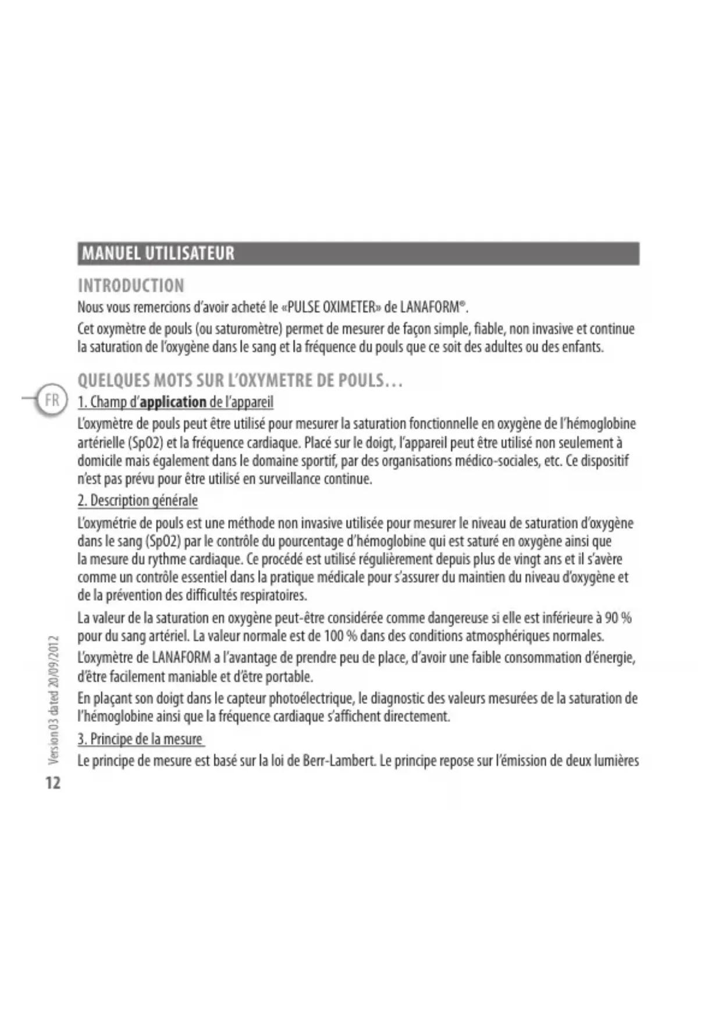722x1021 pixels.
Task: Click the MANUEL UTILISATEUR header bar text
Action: point(158,253)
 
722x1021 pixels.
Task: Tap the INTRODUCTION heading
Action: point(131,285)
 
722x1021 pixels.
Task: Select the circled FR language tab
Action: point(52,400)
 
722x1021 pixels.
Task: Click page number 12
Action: point(52,783)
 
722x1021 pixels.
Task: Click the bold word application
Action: point(173,402)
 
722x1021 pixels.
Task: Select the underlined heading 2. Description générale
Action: point(138,501)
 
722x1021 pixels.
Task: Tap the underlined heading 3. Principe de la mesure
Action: point(140,739)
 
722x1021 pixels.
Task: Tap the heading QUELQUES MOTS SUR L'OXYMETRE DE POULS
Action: point(240,381)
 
